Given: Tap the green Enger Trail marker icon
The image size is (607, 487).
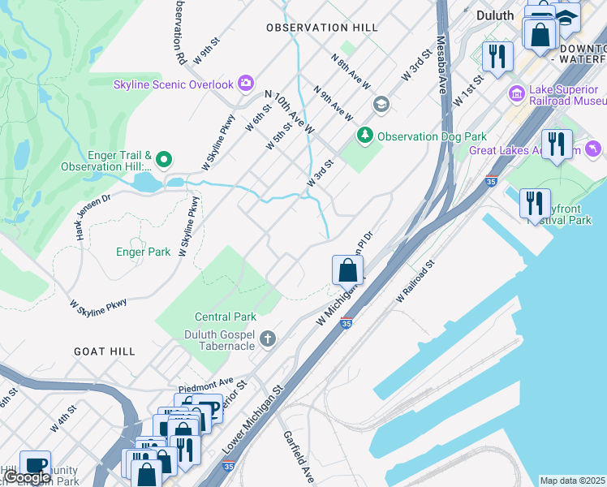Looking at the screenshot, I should [x=164, y=160].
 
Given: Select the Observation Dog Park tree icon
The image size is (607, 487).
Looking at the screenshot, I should [x=365, y=135].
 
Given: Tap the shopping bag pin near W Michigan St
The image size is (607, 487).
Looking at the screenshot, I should [x=347, y=269].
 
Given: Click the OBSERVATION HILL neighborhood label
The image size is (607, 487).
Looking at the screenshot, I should [x=322, y=28].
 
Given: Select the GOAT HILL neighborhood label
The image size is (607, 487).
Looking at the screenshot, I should [x=104, y=351].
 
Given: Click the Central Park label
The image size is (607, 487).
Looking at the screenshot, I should [x=226, y=317].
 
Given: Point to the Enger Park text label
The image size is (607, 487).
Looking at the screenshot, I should [x=143, y=252].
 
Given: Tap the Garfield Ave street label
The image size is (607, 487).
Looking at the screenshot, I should [x=297, y=457].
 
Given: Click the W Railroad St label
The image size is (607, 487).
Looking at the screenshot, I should [x=415, y=282].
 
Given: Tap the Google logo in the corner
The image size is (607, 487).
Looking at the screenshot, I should [x=27, y=477].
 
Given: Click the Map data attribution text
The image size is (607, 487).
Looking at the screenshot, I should [x=572, y=481].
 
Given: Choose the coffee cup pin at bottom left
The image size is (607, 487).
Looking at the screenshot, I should [x=35, y=465].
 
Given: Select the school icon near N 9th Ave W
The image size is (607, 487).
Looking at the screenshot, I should [x=381, y=105].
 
